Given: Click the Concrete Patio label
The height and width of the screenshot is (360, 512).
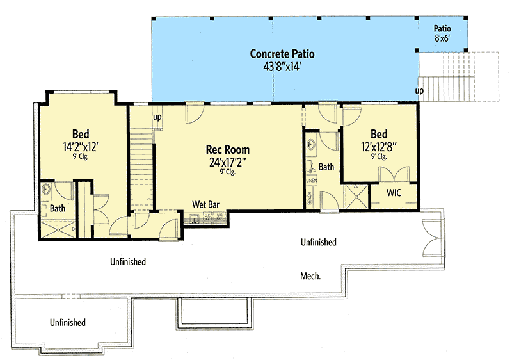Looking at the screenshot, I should [282, 53].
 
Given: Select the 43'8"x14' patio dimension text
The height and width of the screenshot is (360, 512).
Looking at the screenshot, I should [282, 65].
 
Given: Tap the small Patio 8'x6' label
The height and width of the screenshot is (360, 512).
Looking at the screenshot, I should [442, 33].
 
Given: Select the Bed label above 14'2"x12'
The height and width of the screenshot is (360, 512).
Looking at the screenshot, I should [80, 134].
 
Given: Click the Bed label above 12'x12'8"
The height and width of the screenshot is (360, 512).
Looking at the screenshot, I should [379, 134].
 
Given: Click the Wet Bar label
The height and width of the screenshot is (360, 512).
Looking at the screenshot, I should [206, 205].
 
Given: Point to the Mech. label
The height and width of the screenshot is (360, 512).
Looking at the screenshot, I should [310, 276].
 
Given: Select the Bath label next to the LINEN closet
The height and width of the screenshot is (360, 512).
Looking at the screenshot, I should [326, 167].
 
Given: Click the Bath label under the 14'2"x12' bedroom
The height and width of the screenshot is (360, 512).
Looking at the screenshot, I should [58, 208].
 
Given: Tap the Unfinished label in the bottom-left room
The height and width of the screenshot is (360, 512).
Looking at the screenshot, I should [68, 322].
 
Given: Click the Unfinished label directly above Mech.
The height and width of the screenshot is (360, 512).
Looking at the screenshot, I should [319, 242].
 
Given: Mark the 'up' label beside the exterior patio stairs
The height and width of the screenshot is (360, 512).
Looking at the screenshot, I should [420, 92].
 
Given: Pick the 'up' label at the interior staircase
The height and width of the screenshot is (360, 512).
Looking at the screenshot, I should [157, 117].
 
